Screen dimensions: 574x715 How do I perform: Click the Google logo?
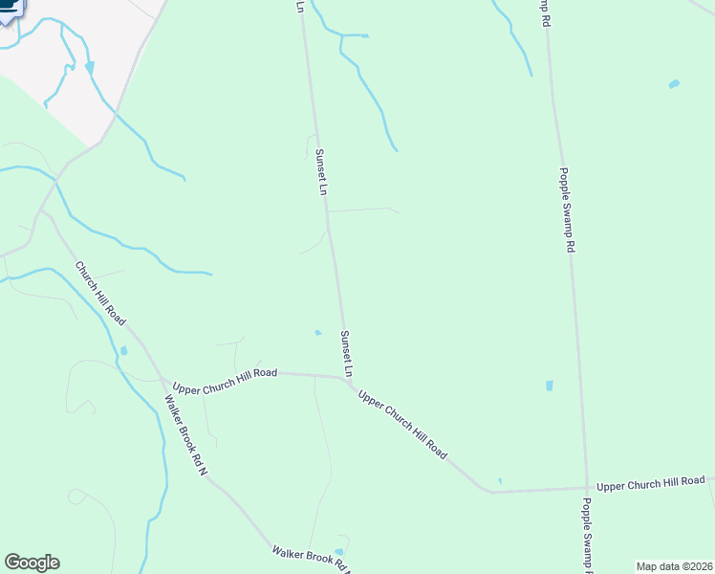32,563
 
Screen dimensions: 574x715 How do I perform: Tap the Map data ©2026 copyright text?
674,566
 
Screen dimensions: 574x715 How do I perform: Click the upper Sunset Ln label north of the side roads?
322,172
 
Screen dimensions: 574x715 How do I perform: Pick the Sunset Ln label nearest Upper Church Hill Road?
347,354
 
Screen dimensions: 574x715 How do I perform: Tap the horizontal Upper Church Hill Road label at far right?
650,484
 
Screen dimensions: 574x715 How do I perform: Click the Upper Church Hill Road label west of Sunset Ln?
226,372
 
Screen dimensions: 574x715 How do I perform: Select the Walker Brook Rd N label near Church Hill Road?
185,435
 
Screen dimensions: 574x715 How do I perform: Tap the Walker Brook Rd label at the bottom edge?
311,560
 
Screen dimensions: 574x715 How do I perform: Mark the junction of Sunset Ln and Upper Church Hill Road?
351,380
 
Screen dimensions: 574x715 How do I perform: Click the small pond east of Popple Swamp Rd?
674,84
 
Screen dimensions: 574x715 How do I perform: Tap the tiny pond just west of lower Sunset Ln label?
318,333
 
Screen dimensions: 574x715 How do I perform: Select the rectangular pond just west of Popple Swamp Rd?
549,386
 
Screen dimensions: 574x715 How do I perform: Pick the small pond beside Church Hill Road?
123,351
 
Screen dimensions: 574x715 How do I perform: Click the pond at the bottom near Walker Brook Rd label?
338,552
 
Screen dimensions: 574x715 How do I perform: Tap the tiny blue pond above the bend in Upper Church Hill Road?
499,480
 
